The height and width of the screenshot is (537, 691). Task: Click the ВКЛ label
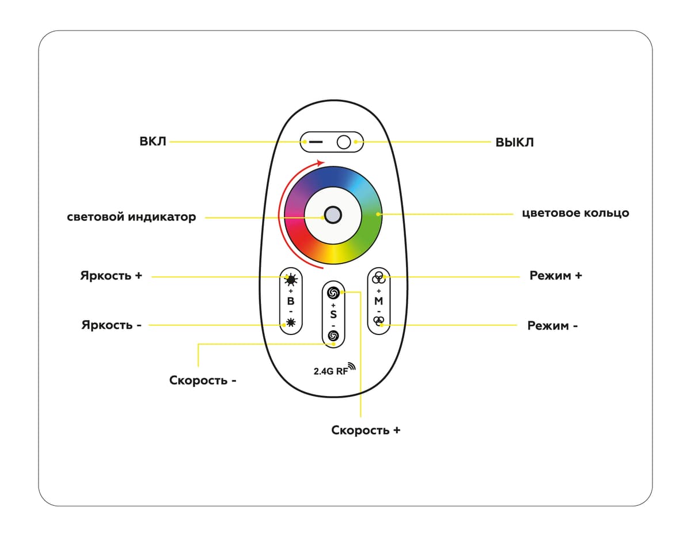point(153,141)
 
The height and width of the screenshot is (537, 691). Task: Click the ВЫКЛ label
point(514,142)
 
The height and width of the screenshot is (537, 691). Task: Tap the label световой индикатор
point(131,218)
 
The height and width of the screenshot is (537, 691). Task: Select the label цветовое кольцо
point(575,213)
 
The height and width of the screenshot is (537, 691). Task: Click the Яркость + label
point(111,276)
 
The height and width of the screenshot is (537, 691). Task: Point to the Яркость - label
point(111,325)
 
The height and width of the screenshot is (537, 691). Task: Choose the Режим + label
point(556,276)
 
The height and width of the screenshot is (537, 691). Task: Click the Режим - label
point(552,326)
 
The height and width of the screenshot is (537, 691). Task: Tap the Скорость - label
point(203,380)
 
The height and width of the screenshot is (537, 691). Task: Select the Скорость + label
point(366,431)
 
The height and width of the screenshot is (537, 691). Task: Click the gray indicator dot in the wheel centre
point(332,215)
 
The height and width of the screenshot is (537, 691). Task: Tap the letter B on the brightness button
point(291,302)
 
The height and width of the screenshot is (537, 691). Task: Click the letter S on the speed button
point(333,314)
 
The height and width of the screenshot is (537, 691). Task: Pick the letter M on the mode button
point(378,301)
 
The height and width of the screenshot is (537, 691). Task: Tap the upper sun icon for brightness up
point(291,280)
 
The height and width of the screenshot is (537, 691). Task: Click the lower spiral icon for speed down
point(333,336)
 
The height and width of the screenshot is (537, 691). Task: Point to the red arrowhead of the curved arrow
point(321,162)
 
